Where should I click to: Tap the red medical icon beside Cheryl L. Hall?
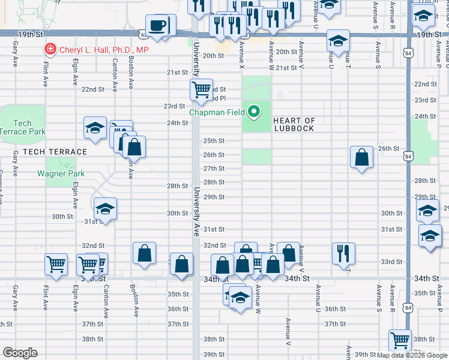tap(50, 50)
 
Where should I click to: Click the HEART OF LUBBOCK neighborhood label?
tap(294, 125)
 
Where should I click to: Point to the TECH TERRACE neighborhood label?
tap(55, 152)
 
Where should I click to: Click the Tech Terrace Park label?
tap(22, 127)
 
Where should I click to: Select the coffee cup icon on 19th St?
tap(158, 26)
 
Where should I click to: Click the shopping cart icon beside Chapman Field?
tap(201, 90)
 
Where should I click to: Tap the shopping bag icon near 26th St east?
tap(362, 158)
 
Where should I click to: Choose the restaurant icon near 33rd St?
tap(344, 253)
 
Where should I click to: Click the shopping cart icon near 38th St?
tap(400, 340)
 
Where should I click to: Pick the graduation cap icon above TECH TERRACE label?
tap(95, 128)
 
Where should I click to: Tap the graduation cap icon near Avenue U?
tap(338, 41)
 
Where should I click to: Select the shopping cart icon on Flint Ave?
tap(56, 264)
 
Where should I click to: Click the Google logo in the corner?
tap(20, 353)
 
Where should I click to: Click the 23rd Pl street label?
tap(217, 98)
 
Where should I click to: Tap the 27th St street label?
tap(214, 169)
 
